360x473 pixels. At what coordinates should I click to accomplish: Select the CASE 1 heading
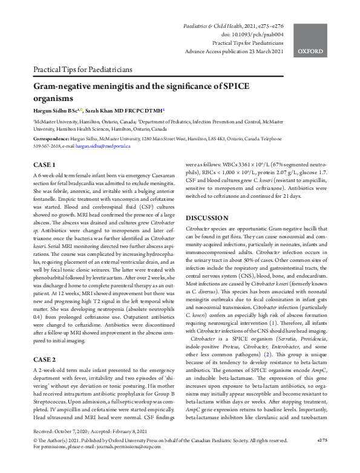coord(44,165)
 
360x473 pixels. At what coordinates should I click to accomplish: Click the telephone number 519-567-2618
coord(47,146)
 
